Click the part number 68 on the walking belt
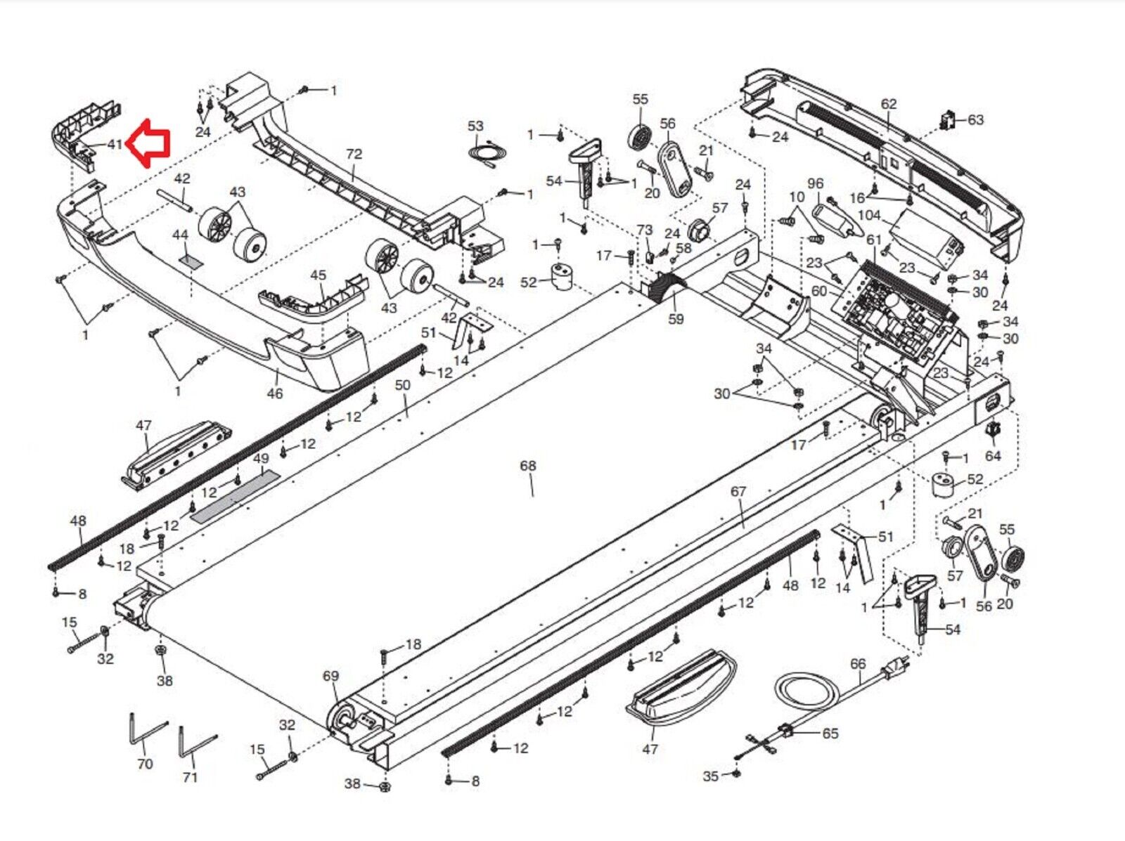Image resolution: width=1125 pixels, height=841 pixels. click(527, 466)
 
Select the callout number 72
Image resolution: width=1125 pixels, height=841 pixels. click(354, 155)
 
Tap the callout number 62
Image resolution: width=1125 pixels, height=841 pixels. click(889, 104)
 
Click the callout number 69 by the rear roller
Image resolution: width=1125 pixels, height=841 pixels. click(330, 676)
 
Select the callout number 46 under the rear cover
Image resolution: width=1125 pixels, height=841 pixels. click(274, 393)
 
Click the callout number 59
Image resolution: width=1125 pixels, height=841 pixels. click(676, 319)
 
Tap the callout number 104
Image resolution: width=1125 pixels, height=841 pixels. click(869, 215)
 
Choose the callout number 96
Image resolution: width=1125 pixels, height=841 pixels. click(815, 183)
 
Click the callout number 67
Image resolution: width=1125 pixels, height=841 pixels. click(738, 491)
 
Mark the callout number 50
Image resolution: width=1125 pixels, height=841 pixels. click(401, 385)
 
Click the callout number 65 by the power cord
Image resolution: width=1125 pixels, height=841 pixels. click(830, 733)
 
